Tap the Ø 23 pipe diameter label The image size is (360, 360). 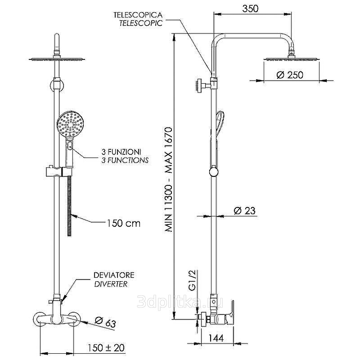click(244, 210)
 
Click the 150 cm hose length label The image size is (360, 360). click(123, 223)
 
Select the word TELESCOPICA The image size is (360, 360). click(138, 15)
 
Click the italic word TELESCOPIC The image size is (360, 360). click(141, 23)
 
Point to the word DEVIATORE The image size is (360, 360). click(113, 275)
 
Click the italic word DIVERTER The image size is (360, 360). click(110, 284)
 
